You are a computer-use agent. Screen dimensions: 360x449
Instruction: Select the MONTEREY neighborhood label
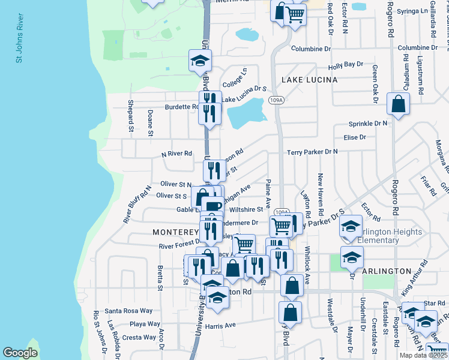[x=175, y=232]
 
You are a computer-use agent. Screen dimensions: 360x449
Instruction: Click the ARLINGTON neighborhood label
[x=386, y=271]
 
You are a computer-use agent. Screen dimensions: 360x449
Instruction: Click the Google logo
[x=20, y=352]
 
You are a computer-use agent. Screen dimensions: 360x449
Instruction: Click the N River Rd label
[x=176, y=154]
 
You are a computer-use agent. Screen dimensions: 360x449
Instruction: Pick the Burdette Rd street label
[x=178, y=107]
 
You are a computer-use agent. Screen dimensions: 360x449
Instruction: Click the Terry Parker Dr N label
[x=312, y=152]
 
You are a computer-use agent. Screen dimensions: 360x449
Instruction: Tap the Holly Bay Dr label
[x=346, y=64]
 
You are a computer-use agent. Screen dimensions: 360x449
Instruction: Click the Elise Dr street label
[x=355, y=137]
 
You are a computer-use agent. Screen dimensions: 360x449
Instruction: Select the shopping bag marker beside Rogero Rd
[x=399, y=104]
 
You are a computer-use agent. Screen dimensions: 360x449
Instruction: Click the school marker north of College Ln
[x=200, y=60]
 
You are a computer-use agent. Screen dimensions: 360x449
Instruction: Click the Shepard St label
[x=130, y=116]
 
